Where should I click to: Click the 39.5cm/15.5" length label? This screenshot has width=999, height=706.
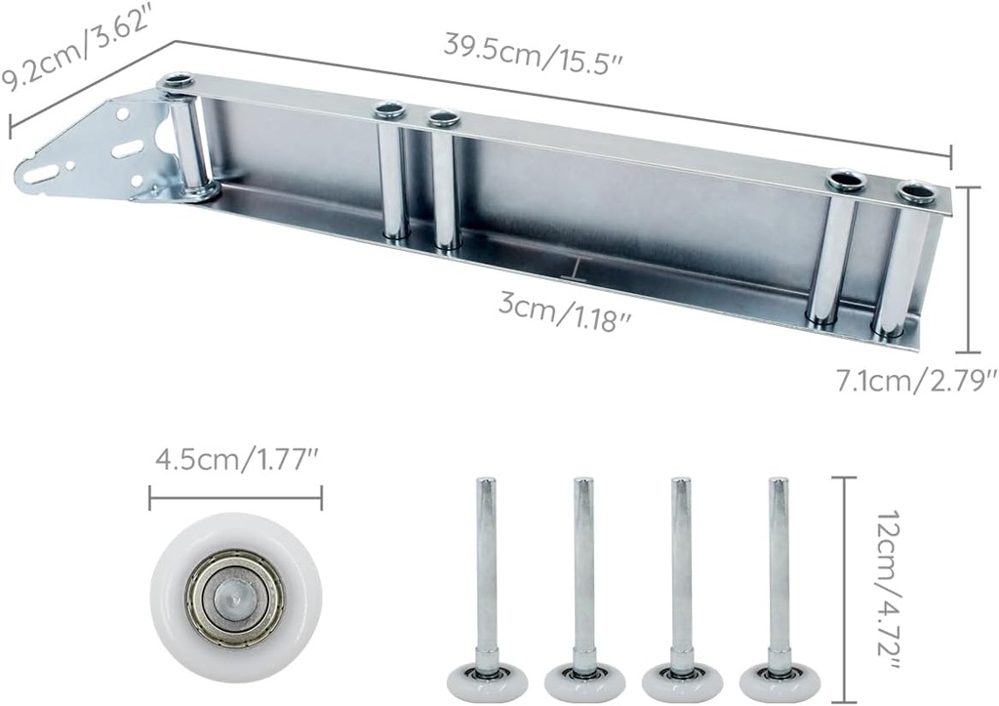(x=533, y=50)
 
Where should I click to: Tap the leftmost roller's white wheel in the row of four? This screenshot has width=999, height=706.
(x=486, y=682)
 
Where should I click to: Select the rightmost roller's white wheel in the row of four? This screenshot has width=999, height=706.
(x=779, y=682)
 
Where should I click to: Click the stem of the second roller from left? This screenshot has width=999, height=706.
(x=583, y=566)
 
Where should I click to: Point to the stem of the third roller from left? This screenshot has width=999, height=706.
(x=681, y=566)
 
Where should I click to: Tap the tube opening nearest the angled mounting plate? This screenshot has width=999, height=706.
(x=177, y=81)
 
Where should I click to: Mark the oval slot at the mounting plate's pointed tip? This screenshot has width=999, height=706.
(x=40, y=175)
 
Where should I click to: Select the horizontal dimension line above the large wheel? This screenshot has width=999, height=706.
(x=235, y=499)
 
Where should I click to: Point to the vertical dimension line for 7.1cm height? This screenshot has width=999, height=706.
(x=967, y=269)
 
